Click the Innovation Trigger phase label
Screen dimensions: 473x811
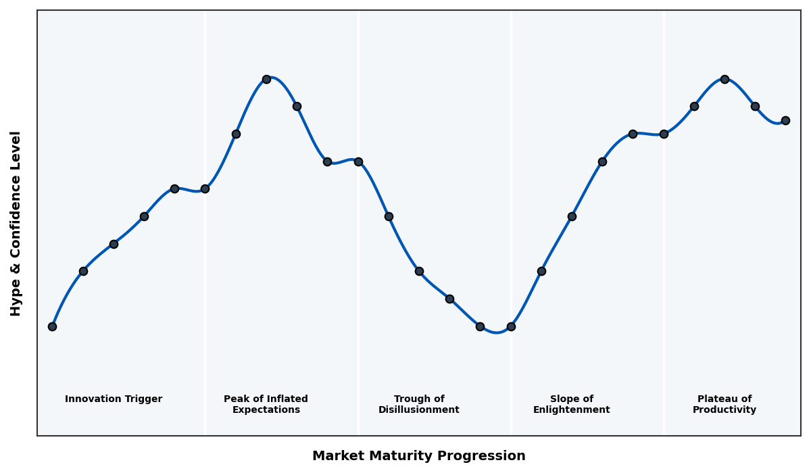tap(114, 399)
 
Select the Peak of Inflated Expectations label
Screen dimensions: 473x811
tap(266, 404)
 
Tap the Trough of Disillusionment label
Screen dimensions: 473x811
tap(419, 404)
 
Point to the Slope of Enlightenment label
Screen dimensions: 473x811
tap(572, 404)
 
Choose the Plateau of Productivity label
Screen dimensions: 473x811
tap(724, 404)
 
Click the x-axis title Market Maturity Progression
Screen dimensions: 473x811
tap(419, 456)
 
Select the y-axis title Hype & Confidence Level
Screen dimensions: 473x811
tap(16, 223)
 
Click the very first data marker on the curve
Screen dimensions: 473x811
tap(52, 326)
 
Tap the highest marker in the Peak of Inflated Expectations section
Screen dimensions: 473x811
tap(266, 79)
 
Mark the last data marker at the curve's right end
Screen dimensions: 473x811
tap(785, 120)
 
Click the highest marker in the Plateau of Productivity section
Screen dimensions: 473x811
tap(724, 79)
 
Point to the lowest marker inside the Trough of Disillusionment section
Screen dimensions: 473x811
tap(480, 326)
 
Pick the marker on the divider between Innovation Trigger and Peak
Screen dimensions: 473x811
tap(205, 189)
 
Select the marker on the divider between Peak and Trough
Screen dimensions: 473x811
tap(358, 161)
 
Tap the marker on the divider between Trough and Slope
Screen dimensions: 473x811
tap(511, 326)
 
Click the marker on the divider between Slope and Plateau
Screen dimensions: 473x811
tap(664, 134)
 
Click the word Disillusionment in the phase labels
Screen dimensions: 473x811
tap(419, 410)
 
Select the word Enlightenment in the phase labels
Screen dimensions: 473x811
tap(572, 410)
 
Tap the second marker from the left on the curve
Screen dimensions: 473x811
tap(83, 271)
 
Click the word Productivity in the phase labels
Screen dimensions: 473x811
tap(724, 410)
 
